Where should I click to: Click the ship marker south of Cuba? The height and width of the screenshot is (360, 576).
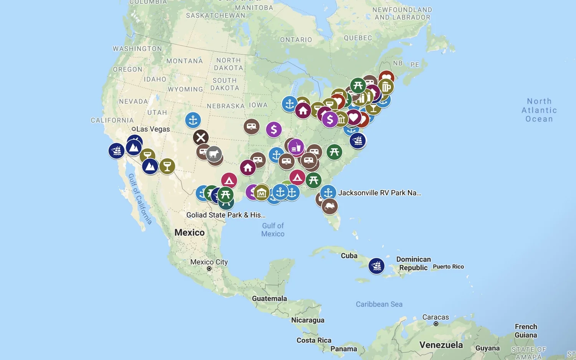376,266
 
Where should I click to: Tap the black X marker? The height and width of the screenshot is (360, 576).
200,137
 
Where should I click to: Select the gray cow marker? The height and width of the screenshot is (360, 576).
214,154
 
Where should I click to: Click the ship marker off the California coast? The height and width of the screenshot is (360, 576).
116,151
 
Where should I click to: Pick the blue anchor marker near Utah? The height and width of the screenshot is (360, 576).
193,120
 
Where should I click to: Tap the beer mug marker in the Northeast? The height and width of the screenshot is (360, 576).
386,87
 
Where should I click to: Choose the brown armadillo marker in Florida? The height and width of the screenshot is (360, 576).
329,206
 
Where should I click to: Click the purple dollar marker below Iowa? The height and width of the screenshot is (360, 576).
273,130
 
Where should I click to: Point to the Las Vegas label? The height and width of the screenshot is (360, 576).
152,129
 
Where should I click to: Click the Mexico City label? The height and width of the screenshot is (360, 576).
209,262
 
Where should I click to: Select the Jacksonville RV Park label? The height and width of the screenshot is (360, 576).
379,193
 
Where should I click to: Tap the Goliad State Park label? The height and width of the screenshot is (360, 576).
226,215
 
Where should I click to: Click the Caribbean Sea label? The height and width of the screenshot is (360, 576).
379,304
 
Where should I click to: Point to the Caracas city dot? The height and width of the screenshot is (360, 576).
436,324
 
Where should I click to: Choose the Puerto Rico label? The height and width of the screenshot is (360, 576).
448,267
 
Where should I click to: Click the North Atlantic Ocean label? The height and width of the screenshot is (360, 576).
539,110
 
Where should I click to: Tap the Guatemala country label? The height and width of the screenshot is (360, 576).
269,299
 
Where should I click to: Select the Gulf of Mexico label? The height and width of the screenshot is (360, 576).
273,230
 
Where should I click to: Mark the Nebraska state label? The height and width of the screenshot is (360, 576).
225,106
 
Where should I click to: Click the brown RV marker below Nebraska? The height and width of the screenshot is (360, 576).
252,126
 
